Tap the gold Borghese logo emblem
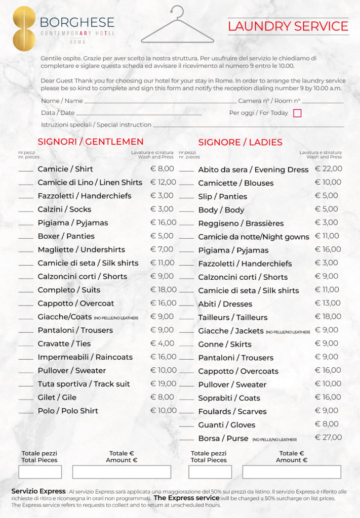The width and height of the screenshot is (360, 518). pos(24,28)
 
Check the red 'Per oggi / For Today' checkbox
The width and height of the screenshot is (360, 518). pos(297,113)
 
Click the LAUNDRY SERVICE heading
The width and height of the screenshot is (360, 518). pos(288,26)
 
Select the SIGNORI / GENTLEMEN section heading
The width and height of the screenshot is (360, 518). pos(91,142)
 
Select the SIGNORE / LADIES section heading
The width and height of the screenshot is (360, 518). pos(240,142)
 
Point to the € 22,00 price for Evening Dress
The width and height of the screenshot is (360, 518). pos(328,169)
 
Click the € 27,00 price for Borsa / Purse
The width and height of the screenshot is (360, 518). pos(328,438)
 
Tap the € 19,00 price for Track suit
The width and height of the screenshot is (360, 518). pos(164,383)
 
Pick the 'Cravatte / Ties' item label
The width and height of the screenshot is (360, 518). pos(64,343)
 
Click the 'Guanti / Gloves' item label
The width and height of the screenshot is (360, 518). pos(226,425)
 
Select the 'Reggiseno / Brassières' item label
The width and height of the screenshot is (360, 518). pos(241,223)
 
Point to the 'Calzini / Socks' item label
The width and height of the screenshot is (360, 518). pos(64,209)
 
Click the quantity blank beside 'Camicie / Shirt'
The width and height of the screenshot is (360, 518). pos(26,171)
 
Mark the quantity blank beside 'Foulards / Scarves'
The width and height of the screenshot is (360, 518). pos(186,413)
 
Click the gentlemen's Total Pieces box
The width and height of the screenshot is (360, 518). pos(40,472)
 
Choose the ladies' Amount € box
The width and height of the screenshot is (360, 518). pos(291,472)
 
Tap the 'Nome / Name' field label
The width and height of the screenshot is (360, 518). pos(62,101)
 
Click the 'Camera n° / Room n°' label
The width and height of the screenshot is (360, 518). pos(269,101)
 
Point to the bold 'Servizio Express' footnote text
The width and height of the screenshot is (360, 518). pos(38,491)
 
